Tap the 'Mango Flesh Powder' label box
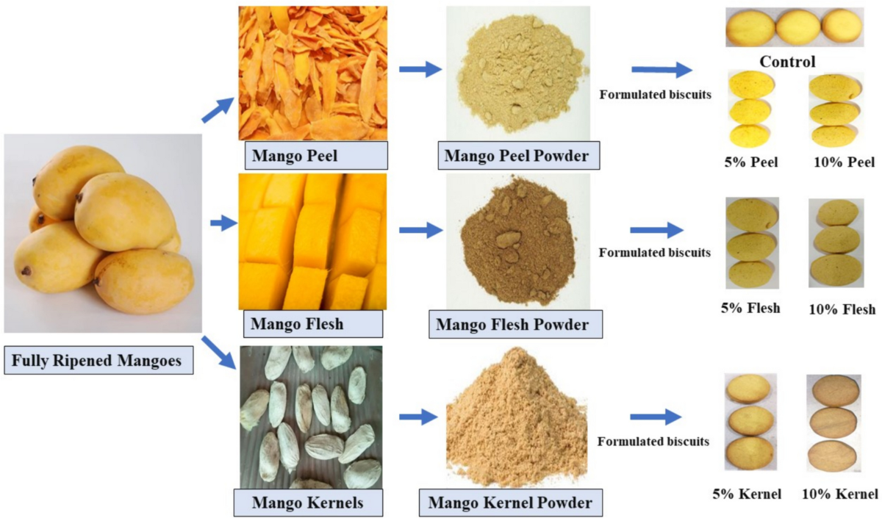pyautogui.click(x=523, y=323)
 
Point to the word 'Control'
pyautogui.click(x=787, y=61)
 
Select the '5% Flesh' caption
pyautogui.click(x=750, y=307)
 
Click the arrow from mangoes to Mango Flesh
pyautogui.click(x=220, y=223)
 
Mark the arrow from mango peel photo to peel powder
pyautogui.click(x=420, y=69)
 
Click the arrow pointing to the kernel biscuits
pyautogui.click(x=656, y=417)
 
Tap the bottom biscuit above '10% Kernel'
pyautogui.click(x=833, y=457)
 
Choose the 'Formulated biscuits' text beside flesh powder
pyautogui.click(x=655, y=253)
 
